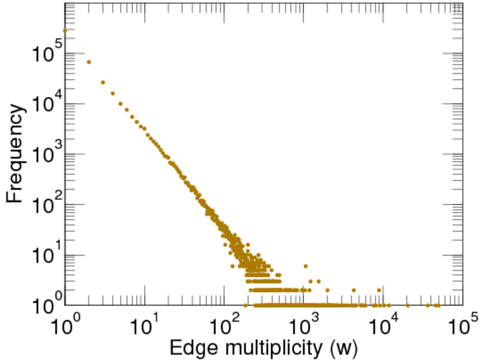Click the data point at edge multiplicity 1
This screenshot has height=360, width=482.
[65, 30]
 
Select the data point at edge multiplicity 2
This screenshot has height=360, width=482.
[89, 62]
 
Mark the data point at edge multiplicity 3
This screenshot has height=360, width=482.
[103, 82]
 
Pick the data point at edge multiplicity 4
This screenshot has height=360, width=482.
[113, 94]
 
